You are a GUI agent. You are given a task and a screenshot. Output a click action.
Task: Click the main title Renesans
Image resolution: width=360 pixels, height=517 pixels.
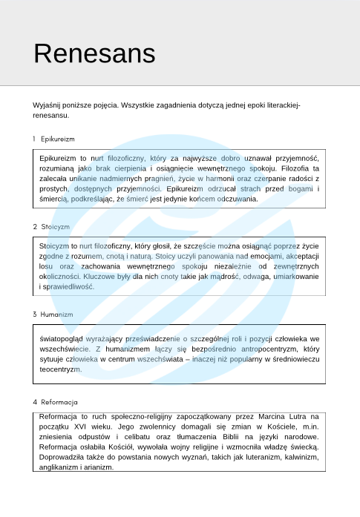(x=94, y=53)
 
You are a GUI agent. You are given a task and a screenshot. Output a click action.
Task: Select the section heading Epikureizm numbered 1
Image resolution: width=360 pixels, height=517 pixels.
(x=58, y=139)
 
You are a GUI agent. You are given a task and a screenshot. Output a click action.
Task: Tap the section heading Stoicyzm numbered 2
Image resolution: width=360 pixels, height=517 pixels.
(x=56, y=226)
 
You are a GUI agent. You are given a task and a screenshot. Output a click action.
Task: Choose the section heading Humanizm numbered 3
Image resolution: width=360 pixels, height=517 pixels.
(x=57, y=315)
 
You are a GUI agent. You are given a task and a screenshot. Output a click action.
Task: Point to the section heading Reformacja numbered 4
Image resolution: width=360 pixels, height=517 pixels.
(x=59, y=402)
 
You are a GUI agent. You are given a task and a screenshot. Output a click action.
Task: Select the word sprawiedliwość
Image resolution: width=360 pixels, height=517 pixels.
(x=68, y=286)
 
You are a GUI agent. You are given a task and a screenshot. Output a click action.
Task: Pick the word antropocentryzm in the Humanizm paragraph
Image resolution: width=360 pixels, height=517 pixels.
(x=260, y=348)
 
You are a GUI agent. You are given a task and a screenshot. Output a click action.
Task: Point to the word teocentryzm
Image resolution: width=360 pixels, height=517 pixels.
(x=60, y=369)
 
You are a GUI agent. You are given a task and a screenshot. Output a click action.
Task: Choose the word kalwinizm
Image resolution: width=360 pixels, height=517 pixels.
(x=296, y=458)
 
